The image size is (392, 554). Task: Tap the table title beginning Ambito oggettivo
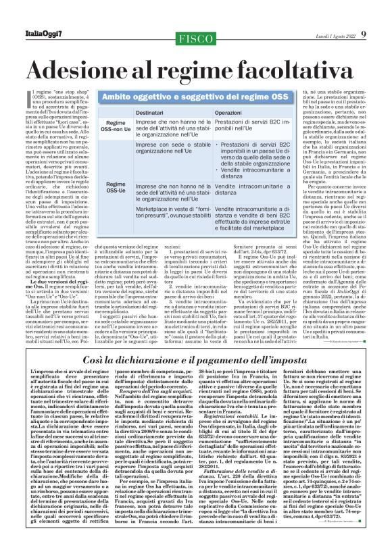(x=190, y=96)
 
